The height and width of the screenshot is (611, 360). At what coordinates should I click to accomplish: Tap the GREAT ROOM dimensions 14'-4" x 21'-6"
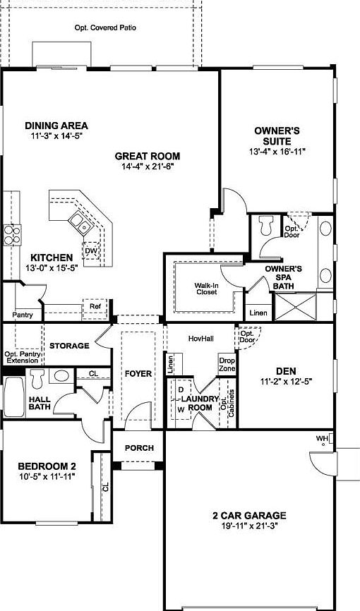(148, 167)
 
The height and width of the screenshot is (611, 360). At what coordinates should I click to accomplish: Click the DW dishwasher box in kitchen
(90, 250)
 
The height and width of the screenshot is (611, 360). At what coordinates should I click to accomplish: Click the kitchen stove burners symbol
(11, 234)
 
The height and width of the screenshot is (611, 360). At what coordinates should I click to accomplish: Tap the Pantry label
(23, 315)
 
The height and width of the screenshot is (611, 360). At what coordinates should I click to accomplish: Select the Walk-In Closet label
(206, 288)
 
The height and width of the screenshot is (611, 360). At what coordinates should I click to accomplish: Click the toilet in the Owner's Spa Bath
(267, 226)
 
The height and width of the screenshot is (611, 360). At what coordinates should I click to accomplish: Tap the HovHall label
(200, 338)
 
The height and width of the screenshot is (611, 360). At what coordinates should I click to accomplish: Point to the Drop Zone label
(227, 364)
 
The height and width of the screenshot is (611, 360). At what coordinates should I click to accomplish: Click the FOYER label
(138, 373)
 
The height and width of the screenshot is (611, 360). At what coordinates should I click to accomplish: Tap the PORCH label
(139, 448)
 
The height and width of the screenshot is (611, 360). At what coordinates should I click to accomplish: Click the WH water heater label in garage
(322, 439)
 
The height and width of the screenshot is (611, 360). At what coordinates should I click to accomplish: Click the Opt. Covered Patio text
(105, 28)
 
